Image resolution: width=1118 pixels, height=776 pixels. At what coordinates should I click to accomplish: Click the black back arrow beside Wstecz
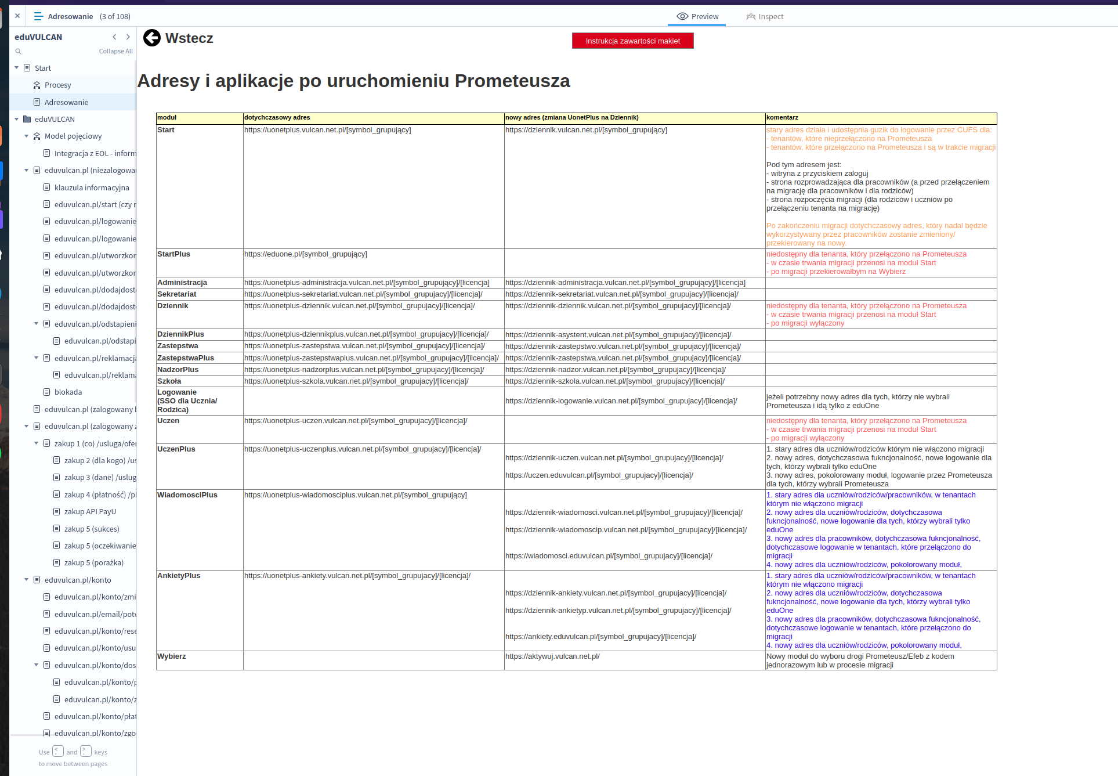[152, 38]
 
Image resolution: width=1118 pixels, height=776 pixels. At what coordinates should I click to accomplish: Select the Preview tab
[697, 16]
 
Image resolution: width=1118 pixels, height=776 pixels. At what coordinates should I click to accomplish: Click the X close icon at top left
[17, 16]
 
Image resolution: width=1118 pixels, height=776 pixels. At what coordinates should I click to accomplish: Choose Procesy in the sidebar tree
[57, 85]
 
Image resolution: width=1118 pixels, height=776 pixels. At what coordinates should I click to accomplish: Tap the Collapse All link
[115, 51]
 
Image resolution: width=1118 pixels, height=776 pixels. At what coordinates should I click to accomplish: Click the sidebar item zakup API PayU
[90, 512]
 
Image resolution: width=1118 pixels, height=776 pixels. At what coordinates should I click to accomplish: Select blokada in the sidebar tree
[68, 392]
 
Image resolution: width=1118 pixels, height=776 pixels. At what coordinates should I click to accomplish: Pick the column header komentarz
[782, 118]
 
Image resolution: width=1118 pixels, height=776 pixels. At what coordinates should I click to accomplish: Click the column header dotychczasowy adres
[277, 118]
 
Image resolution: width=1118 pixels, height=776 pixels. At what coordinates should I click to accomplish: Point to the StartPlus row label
[173, 254]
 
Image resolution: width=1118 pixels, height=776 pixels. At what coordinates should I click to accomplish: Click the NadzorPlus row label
[178, 370]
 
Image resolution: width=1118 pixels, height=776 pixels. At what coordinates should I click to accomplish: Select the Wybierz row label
[171, 656]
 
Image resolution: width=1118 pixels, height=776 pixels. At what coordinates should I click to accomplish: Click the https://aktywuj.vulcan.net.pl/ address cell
[552, 656]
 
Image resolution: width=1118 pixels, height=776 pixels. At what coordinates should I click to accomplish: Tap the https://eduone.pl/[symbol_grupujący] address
[305, 254]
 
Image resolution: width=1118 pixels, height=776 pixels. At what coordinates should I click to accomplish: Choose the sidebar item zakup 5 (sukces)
[92, 529]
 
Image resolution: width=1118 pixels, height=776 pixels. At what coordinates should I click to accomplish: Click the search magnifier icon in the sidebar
[19, 52]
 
